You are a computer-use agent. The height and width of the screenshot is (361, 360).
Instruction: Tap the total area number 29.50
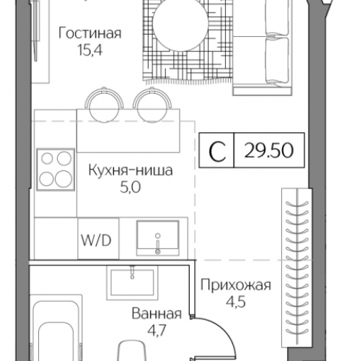pyautogui.click(x=266, y=152)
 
